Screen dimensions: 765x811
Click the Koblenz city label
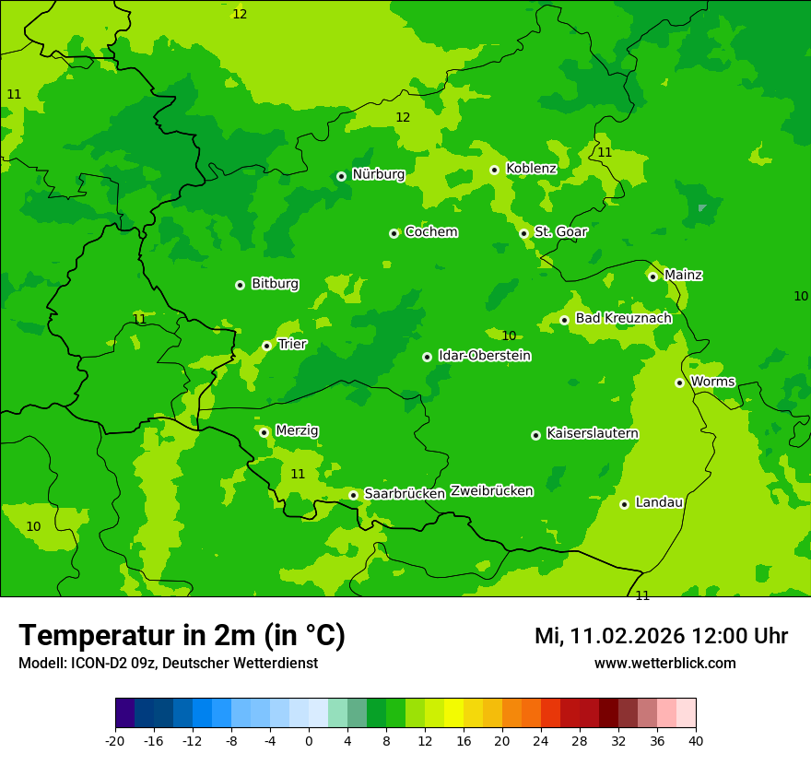click(x=531, y=169)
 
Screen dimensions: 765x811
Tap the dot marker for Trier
click(x=266, y=346)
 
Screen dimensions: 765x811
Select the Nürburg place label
click(x=378, y=174)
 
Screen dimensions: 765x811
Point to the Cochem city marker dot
click(x=394, y=233)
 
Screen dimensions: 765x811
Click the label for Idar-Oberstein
click(x=485, y=356)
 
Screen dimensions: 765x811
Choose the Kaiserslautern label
click(x=592, y=434)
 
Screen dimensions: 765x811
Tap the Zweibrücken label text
click(x=491, y=491)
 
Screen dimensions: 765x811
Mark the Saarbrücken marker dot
click(x=353, y=495)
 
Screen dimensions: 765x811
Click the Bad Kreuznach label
click(x=623, y=318)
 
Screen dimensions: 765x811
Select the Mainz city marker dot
click(x=652, y=277)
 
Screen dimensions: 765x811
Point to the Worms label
click(x=712, y=382)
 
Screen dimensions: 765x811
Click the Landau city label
click(x=659, y=502)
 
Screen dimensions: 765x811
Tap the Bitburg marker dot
click(x=240, y=285)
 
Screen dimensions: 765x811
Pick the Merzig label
click(x=297, y=430)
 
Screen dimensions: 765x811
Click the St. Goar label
click(x=560, y=232)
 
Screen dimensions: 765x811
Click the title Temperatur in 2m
click(x=182, y=636)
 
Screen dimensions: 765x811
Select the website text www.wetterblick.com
click(x=664, y=664)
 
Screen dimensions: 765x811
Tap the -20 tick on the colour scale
click(x=115, y=740)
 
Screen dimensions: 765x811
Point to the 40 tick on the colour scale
click(x=696, y=740)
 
